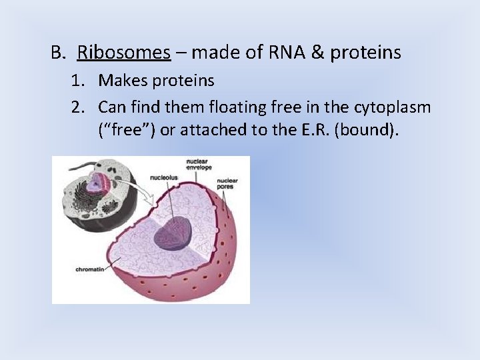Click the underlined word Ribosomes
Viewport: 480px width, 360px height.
point(124,52)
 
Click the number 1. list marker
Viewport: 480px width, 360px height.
point(80,81)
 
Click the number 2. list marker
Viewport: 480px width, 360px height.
point(80,107)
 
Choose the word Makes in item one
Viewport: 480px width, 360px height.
point(121,81)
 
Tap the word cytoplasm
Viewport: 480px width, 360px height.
point(392,107)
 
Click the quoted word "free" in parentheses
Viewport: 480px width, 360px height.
point(127,130)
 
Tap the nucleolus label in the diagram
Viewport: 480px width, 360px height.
point(164,179)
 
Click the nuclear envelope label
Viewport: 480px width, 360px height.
point(198,164)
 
